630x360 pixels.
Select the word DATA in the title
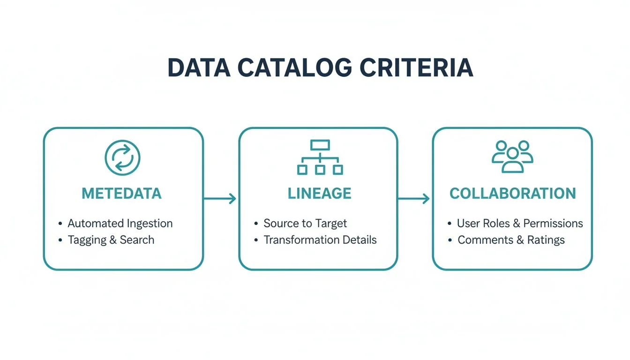[x=199, y=68]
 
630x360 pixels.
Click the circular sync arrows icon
[x=122, y=158]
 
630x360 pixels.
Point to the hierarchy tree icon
[x=320, y=157]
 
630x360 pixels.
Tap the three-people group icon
[x=512, y=157]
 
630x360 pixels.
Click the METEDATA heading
[x=122, y=194]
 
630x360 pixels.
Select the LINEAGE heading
[x=319, y=194]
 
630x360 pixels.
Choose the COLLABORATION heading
[x=512, y=194]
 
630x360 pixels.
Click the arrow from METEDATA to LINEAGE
[x=220, y=199]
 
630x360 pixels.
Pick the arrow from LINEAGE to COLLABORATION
[x=414, y=199]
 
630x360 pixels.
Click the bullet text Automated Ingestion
[x=120, y=223]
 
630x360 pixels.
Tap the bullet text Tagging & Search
[x=111, y=240]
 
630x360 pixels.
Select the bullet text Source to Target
[x=305, y=223]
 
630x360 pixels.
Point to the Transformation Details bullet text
[x=320, y=240]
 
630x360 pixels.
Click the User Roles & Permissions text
[x=520, y=223]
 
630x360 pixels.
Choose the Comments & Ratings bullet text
[x=511, y=240]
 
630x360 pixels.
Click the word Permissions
[x=553, y=223]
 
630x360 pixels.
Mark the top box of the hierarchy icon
[x=320, y=145]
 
